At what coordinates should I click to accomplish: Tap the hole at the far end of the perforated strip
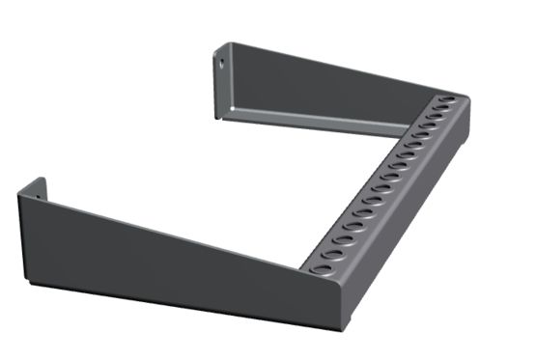coord(449,98)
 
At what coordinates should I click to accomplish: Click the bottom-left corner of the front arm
coord(28,282)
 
